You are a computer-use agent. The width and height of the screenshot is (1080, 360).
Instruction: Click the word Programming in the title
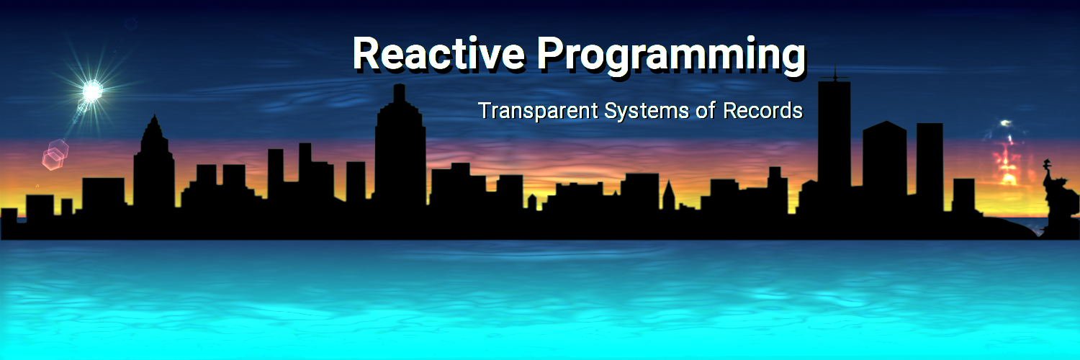point(670,56)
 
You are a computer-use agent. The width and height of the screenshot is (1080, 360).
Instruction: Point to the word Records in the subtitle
point(762,110)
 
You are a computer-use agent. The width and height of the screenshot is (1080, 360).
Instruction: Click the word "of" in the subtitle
point(706,110)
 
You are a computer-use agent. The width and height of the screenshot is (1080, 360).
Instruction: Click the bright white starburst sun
point(91,91)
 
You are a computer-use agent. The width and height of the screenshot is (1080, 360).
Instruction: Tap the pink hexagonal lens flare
point(55,154)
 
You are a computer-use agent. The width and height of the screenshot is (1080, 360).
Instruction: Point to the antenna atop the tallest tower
point(834,73)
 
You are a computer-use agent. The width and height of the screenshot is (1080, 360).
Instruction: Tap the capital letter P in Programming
point(550,53)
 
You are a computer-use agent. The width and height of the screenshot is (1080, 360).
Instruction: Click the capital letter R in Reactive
point(367,53)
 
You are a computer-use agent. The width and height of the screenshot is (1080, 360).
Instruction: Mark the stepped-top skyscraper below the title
point(400,145)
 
